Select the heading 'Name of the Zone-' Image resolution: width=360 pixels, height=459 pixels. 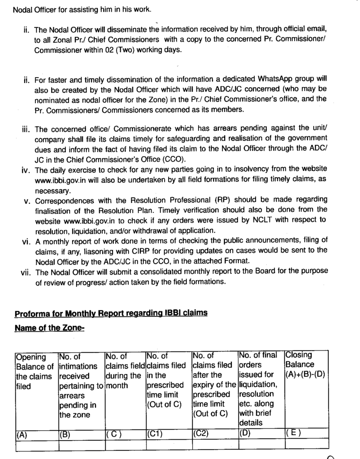pos(49,328)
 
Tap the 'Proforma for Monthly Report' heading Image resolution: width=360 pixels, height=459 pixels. pos(111,313)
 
